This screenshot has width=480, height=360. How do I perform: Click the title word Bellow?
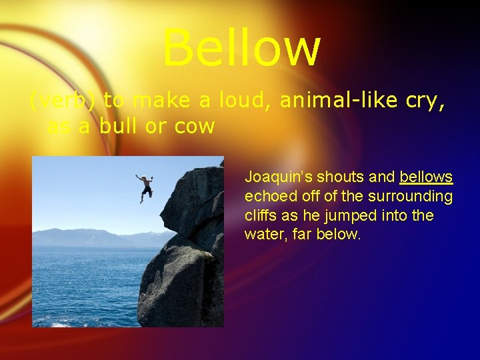click(x=241, y=48)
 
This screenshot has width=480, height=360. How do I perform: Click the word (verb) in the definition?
click(x=65, y=101)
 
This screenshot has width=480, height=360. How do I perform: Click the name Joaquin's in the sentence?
click(x=277, y=177)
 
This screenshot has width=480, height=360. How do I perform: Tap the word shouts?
click(x=341, y=177)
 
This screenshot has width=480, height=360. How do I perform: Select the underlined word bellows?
click(x=426, y=177)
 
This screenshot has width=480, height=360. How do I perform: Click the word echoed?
click(x=267, y=197)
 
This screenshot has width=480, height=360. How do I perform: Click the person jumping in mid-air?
click(x=144, y=187)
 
